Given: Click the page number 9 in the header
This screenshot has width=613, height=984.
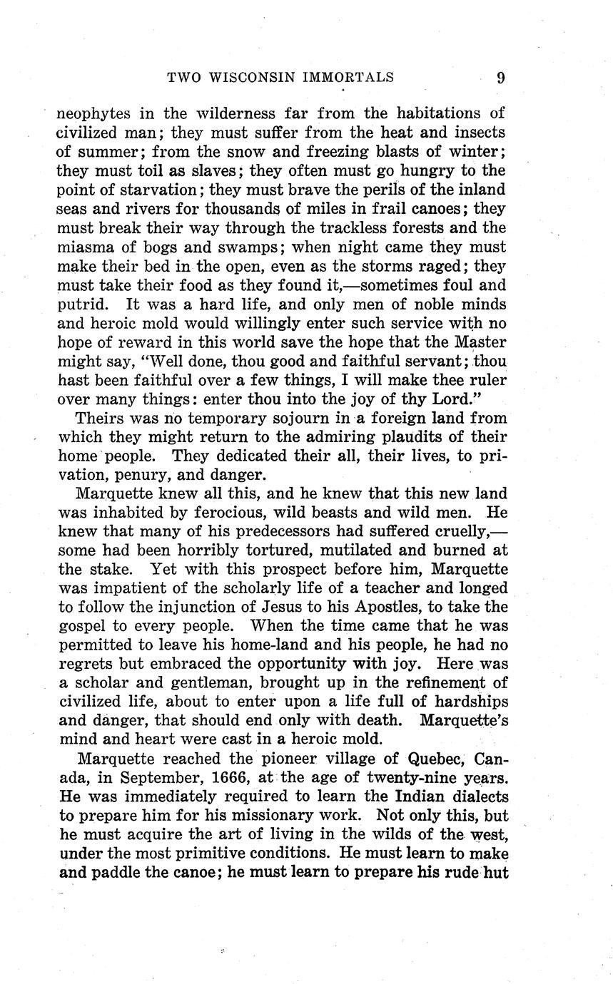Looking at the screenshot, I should pyautogui.click(x=500, y=78).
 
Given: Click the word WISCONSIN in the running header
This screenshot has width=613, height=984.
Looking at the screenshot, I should pyautogui.click(x=260, y=78).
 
